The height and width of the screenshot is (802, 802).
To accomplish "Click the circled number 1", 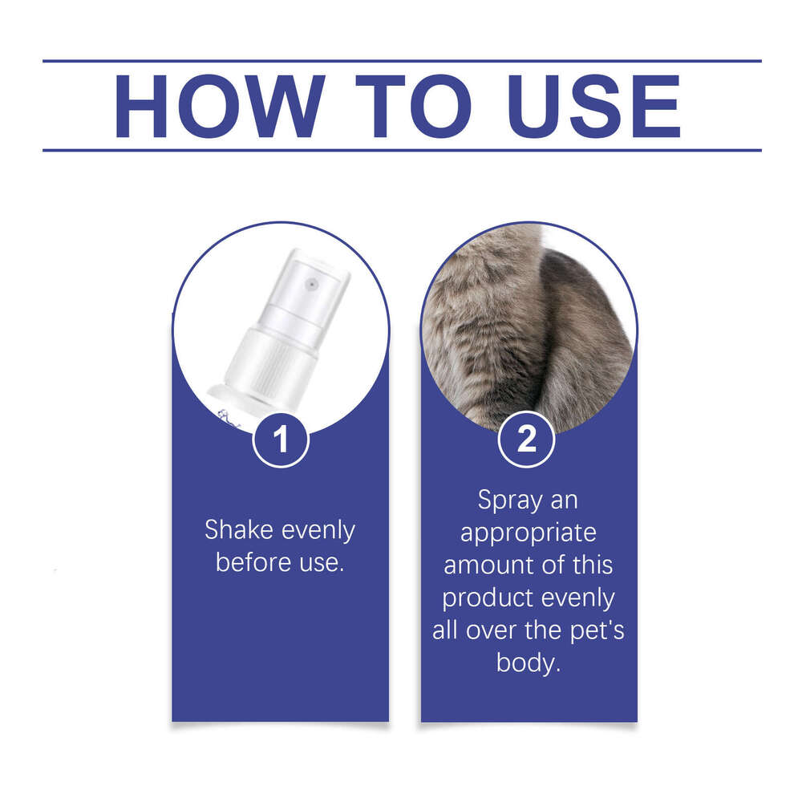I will click(x=281, y=439).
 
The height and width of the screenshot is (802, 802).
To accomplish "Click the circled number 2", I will click(x=527, y=439).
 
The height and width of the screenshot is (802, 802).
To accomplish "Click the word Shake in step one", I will click(x=240, y=530).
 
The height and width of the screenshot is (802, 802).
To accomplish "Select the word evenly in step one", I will click(x=318, y=530).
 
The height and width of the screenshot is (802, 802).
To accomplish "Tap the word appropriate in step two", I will click(x=529, y=533).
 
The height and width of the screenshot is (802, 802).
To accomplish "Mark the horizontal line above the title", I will click(x=401, y=61).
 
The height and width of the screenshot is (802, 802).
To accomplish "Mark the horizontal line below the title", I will click(x=401, y=150).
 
